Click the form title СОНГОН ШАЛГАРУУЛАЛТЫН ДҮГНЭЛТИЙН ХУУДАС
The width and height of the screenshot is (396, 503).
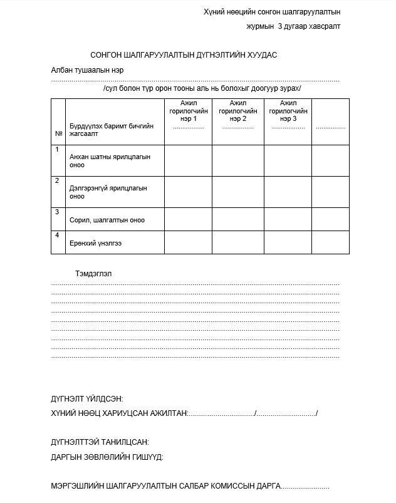[x=184, y=55]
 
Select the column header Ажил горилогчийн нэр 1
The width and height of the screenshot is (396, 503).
[x=188, y=111]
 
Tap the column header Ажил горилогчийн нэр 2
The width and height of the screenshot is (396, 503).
[x=237, y=111]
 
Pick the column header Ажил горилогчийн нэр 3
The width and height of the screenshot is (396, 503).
[x=288, y=111]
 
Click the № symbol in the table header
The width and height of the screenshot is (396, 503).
[x=58, y=133]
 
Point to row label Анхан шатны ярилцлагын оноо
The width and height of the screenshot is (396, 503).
[x=110, y=161]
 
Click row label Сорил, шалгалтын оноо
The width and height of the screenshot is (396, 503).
[x=107, y=220]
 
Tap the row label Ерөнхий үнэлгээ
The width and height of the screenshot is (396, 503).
[x=96, y=243]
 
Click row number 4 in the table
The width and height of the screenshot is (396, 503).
[x=57, y=236]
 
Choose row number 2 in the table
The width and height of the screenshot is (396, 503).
[x=57, y=181]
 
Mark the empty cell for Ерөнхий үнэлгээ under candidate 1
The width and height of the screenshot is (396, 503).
[x=188, y=242]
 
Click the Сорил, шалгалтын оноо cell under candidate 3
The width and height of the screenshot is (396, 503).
[x=288, y=219]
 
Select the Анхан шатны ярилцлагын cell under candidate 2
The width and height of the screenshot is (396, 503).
[x=237, y=160]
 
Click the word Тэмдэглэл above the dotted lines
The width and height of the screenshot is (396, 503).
[x=93, y=274]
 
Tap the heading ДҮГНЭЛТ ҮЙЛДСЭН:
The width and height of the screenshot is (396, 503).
[x=86, y=399]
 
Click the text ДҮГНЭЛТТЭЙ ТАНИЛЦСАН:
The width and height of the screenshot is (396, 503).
[x=100, y=442]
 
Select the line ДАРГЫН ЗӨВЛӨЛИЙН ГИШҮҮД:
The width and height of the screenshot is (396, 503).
[x=107, y=457]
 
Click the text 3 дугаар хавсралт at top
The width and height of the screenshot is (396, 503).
[x=309, y=26]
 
